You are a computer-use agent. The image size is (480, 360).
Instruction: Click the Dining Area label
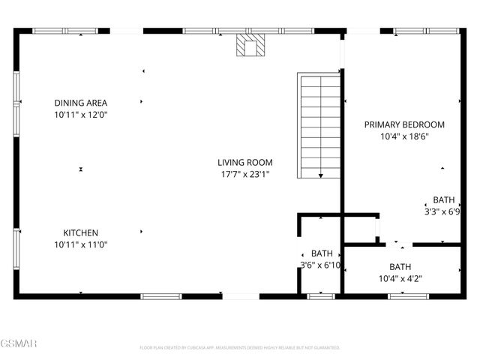click(81, 103)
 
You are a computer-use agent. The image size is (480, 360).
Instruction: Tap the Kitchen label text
click(81, 233)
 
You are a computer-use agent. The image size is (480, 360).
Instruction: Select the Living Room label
click(244, 162)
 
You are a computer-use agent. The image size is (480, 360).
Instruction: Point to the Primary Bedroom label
click(404, 124)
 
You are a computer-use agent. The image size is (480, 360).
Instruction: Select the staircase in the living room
click(319, 126)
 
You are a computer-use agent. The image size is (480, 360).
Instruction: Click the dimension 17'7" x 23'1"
click(244, 174)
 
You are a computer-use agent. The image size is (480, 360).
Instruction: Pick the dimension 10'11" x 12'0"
click(81, 115)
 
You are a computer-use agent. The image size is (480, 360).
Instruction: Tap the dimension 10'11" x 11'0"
click(81, 245)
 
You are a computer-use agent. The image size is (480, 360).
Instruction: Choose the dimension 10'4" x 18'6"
click(404, 136)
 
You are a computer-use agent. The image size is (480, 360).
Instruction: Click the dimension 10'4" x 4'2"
click(400, 278)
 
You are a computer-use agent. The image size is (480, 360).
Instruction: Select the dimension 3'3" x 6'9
click(442, 212)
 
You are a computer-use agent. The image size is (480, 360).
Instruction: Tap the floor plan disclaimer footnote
click(240, 348)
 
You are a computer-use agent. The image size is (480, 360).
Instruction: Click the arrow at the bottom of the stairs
click(321, 175)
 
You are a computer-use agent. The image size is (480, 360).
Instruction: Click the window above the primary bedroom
click(426, 31)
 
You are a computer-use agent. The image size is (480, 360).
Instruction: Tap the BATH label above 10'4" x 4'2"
click(400, 266)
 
